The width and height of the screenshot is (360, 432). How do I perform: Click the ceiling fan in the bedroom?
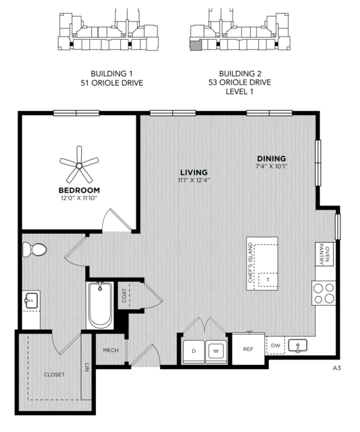tap(79, 166)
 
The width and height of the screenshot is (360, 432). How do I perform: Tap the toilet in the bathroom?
tap(34, 249)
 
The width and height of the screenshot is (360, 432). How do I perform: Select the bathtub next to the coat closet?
tap(100, 305)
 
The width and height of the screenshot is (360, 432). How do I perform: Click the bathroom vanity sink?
tap(31, 300)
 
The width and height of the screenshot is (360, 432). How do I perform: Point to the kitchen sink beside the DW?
tap(297, 345)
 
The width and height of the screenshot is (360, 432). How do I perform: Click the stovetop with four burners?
tap(324, 293)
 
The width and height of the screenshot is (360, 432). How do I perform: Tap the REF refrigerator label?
tap(248, 349)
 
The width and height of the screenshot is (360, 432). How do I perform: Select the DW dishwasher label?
tap(276, 345)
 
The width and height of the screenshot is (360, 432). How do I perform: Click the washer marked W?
tap(216, 351)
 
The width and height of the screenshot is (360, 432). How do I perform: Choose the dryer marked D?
tap(194, 351)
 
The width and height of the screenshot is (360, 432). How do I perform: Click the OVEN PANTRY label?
tap(324, 254)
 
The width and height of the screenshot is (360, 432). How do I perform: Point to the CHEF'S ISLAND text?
tap(250, 262)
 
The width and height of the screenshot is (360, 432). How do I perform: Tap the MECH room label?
tap(111, 350)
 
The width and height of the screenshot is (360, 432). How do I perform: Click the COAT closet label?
tap(124, 295)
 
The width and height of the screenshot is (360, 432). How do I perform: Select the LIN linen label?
tap(86, 367)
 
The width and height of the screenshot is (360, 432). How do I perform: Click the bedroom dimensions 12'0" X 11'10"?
tap(79, 198)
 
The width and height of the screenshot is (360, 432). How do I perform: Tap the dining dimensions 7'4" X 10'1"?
tap(272, 166)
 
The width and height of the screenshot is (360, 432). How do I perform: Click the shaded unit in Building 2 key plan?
tap(195, 45)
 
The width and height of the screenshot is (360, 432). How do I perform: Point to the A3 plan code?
tap(336, 368)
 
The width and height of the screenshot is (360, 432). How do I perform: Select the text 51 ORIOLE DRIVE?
tap(111, 83)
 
